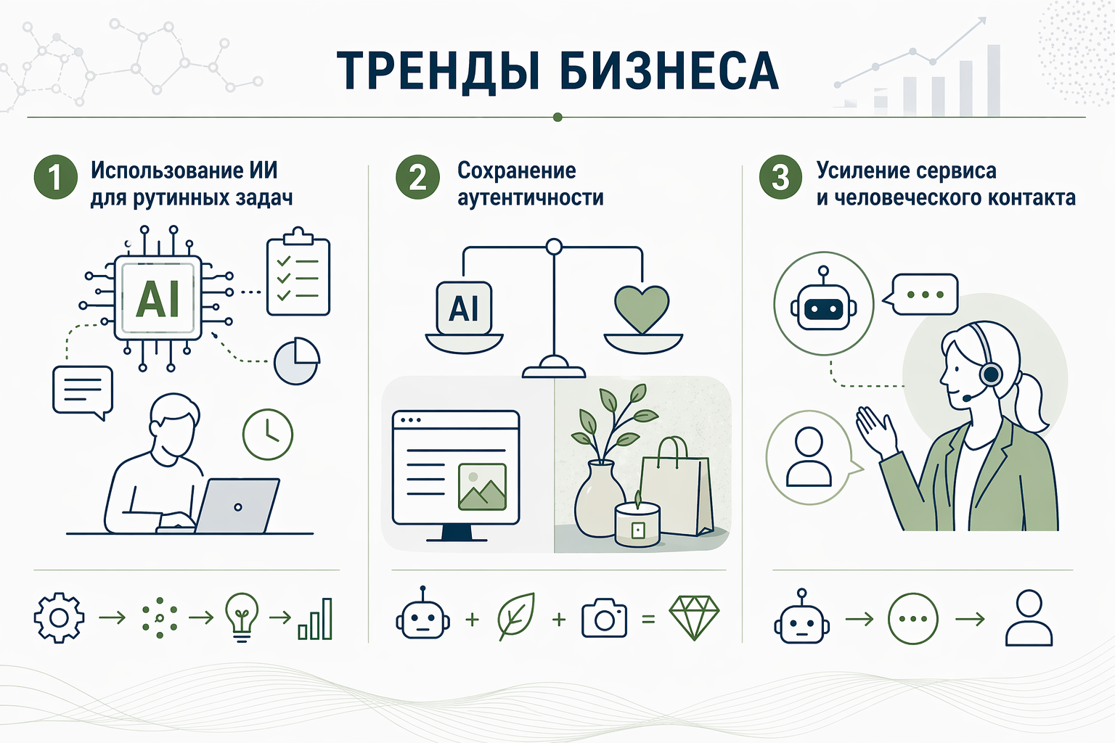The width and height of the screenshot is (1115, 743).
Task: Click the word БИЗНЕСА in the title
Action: point(669,71)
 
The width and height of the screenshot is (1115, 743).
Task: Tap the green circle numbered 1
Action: point(56,178)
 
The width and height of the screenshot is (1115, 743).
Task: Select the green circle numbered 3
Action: point(780,178)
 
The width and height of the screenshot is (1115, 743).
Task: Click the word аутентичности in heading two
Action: point(530,198)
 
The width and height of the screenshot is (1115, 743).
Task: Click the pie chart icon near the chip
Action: point(296,361)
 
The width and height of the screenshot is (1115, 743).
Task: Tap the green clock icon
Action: point(267,434)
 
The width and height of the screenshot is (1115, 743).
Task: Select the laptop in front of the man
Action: point(237,506)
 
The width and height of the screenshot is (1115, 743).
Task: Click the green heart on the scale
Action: point(642,308)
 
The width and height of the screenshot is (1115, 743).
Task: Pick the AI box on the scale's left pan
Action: point(464,308)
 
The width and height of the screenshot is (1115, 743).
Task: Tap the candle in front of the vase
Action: point(637,524)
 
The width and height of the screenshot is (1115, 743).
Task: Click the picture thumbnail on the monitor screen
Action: point(482,486)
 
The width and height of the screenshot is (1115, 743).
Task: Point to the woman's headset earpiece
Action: point(990,374)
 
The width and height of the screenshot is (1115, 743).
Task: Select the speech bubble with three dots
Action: point(924,295)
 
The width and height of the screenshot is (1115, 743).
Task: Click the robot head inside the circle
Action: point(823,305)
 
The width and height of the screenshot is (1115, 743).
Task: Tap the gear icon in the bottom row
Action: point(59,617)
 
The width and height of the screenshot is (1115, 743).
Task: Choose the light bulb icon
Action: point(242,617)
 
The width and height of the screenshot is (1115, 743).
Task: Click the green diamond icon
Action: point(694,617)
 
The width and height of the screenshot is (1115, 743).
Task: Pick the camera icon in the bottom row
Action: point(604,618)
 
